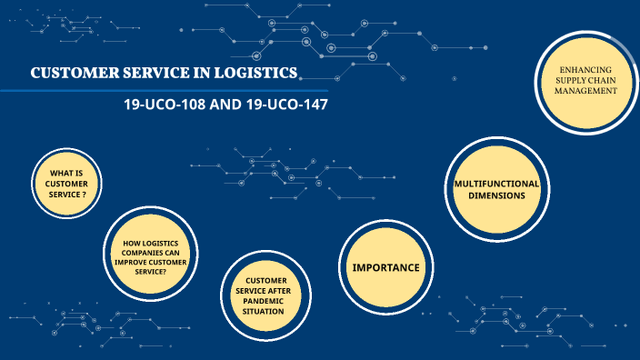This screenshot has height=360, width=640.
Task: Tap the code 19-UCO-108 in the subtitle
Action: click(165, 105)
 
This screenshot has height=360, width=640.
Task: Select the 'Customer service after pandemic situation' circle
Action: click(265, 295)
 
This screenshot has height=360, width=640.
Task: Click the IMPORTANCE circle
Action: click(385, 267)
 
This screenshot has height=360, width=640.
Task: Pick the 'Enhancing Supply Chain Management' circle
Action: click(586, 81)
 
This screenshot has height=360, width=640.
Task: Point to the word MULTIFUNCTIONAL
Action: click(496, 183)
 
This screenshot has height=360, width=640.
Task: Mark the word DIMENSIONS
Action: click(496, 195)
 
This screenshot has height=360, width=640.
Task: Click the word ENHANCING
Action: click(586, 70)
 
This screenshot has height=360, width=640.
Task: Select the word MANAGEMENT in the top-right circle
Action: click(586, 91)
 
